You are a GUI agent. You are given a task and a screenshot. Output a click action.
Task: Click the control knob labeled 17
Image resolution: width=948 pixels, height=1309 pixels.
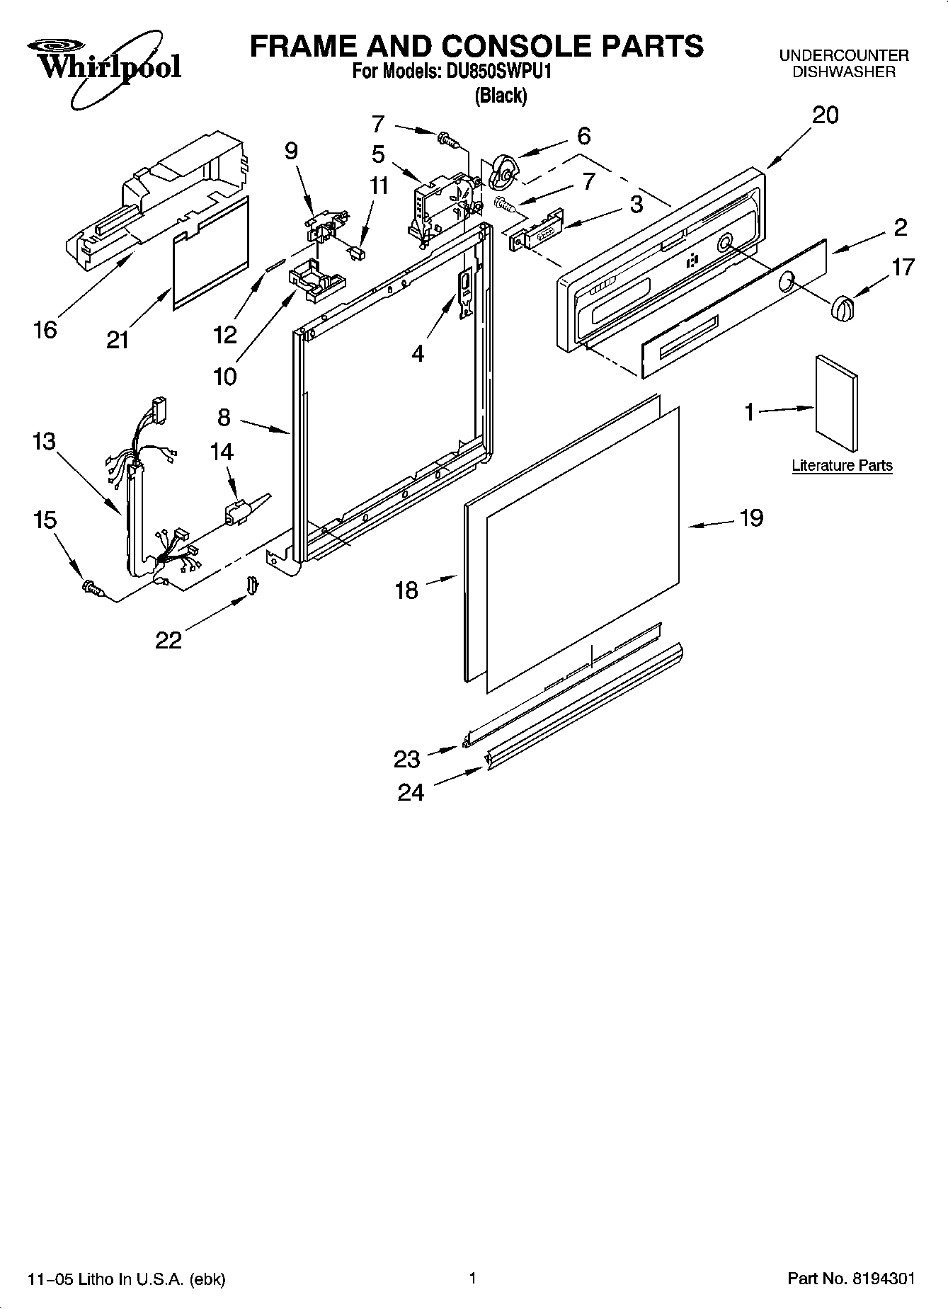coord(843,308)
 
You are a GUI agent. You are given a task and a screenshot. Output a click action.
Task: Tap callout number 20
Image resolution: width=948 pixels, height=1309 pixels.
coord(825,115)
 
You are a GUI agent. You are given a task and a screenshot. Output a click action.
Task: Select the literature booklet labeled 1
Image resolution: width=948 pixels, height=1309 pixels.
coord(838,403)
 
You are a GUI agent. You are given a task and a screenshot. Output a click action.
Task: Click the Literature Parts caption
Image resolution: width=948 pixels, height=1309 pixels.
coord(842,466)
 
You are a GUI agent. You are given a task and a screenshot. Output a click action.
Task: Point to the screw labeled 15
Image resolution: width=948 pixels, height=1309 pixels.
coord(92,587)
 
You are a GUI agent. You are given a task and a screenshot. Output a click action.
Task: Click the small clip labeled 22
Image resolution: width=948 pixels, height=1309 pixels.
coord(253,585)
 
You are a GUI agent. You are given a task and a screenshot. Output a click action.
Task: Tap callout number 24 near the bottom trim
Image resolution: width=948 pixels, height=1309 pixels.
coord(411,792)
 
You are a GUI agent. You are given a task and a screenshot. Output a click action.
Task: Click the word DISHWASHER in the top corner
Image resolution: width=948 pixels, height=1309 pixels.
coord(843,72)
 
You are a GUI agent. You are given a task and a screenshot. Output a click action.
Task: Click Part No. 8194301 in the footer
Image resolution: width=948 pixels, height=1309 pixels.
coord(851,1279)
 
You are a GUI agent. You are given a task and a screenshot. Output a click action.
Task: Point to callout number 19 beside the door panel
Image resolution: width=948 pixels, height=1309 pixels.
coord(751,518)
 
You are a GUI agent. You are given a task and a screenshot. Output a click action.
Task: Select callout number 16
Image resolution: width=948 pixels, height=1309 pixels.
coord(45,330)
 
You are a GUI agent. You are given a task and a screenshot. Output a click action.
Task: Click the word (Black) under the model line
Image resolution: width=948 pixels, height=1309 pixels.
coord(501,96)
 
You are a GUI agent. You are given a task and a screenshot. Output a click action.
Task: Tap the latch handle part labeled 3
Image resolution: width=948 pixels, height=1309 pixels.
coord(536,229)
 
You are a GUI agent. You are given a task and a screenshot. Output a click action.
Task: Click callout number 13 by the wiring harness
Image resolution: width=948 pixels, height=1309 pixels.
coord(43,442)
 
